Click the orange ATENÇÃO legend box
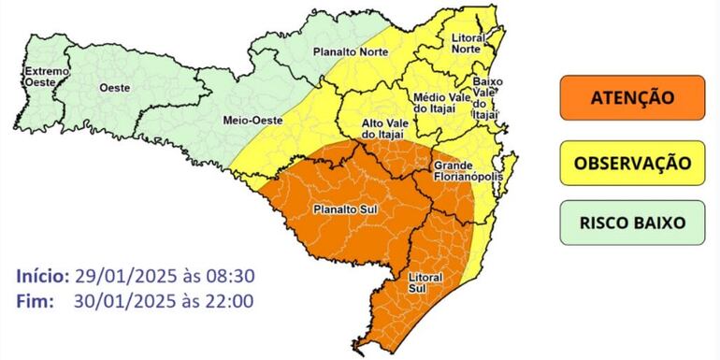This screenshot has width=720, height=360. coord(632,97)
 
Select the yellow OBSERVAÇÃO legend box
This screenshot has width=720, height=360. coord(632,163)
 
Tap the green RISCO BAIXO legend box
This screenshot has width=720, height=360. coord(632,223)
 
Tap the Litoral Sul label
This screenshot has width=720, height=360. coord(425,283)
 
